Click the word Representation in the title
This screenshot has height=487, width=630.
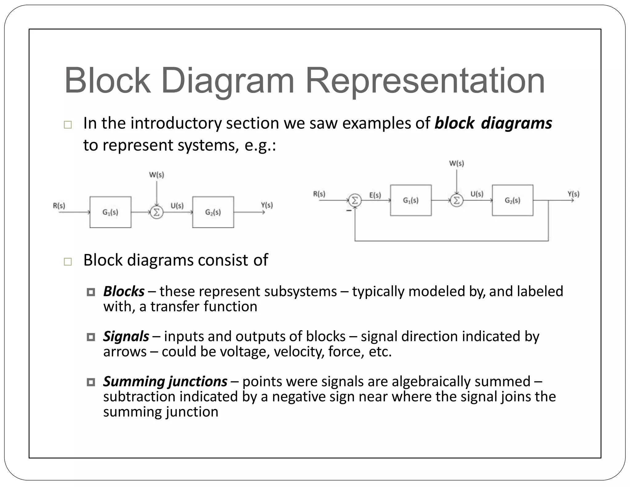pyautogui.click(x=425, y=81)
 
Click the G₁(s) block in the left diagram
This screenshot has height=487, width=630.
pyautogui.click(x=110, y=212)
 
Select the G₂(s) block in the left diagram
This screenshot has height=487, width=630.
pyautogui.click(x=213, y=212)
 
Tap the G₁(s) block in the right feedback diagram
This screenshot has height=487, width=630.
pyautogui.click(x=411, y=200)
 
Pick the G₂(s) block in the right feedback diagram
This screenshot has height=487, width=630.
pyautogui.click(x=512, y=200)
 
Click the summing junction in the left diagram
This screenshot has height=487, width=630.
pyautogui.click(x=156, y=212)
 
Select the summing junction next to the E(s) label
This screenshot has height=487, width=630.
pyautogui.click(x=355, y=201)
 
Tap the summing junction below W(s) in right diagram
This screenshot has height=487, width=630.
pyautogui.click(x=457, y=201)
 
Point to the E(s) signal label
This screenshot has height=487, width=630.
pyautogui.click(x=375, y=195)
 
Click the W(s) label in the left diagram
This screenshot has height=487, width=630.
pyautogui.click(x=156, y=175)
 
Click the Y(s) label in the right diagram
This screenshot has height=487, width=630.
pyautogui.click(x=573, y=194)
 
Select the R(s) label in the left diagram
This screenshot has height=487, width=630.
pyautogui.click(x=59, y=205)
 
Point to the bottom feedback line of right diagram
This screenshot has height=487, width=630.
pyautogui.click(x=452, y=240)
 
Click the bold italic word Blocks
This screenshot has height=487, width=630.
pyautogui.click(x=124, y=291)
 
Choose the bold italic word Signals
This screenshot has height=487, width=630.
pyautogui.click(x=126, y=336)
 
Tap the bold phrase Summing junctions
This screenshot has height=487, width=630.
pyautogui.click(x=165, y=381)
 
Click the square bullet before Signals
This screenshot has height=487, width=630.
pyautogui.click(x=91, y=337)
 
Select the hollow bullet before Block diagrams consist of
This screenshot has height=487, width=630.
pyautogui.click(x=68, y=262)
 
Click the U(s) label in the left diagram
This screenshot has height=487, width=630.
pyautogui.click(x=177, y=205)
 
